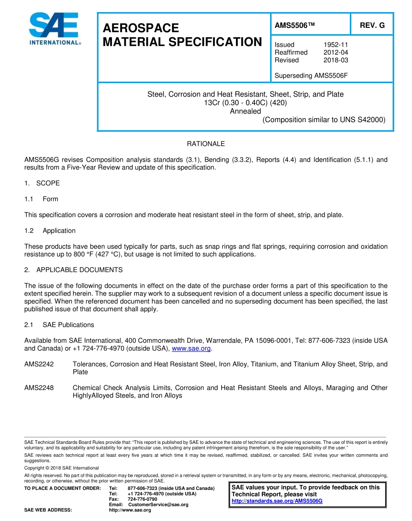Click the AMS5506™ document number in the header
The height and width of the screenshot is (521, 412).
click(294, 25)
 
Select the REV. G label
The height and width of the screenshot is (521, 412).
click(372, 25)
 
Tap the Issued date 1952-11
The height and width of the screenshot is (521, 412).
click(336, 45)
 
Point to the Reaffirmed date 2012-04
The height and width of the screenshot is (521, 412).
click(336, 52)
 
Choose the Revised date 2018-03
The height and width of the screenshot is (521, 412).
click(336, 60)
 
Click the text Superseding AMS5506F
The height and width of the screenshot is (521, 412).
click(311, 76)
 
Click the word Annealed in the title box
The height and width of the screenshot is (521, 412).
click(245, 111)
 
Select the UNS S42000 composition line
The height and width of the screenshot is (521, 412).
click(324, 120)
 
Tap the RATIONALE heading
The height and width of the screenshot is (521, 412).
click(206, 144)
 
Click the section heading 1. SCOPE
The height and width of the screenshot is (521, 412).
click(42, 183)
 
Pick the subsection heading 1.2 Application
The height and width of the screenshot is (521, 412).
click(50, 231)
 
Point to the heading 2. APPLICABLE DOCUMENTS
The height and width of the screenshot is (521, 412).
click(73, 270)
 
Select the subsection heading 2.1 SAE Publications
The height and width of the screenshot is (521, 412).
click(59, 325)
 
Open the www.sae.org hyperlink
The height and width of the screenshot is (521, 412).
click(191, 348)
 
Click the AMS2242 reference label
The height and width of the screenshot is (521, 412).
click(39, 365)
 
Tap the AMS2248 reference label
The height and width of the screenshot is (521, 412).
click(39, 388)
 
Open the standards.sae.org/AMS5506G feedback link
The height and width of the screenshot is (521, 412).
click(277, 501)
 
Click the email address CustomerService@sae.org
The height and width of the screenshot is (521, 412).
click(158, 505)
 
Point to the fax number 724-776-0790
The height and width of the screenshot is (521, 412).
click(143, 499)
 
